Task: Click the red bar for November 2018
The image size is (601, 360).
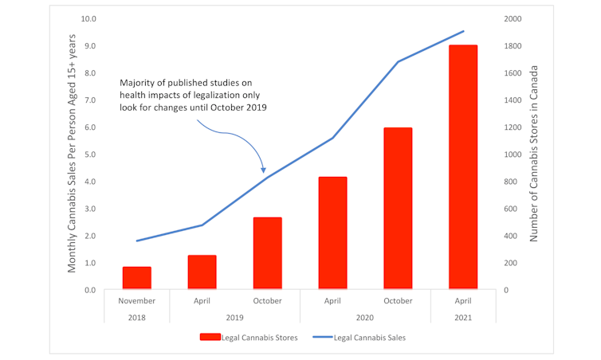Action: click(137, 278)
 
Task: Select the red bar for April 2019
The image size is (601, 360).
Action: click(202, 272)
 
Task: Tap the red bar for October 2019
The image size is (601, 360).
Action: click(267, 253)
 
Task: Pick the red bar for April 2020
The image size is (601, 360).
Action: click(332, 233)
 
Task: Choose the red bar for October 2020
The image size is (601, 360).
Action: click(398, 209)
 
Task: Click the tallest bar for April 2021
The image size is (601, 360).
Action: click(463, 167)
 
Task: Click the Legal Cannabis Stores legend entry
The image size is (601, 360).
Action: click(249, 338)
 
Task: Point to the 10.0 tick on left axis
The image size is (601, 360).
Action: click(89, 19)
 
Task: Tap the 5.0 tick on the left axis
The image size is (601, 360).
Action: click(89, 155)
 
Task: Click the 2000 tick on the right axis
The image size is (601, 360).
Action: click(513, 19)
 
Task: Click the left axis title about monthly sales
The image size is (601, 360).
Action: click(72, 154)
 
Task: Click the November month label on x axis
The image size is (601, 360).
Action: click(137, 301)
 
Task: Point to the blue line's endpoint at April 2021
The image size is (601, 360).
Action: click(463, 32)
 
